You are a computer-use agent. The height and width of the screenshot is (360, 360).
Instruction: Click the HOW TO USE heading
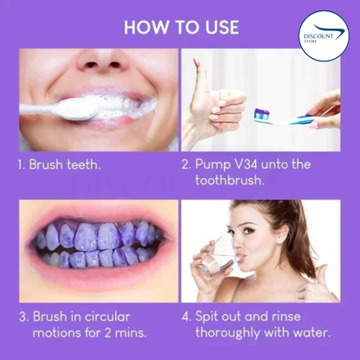(x=180, y=25)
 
